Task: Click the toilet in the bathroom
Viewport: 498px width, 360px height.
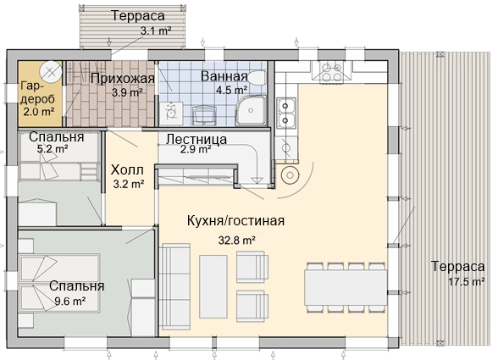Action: [x=257, y=77]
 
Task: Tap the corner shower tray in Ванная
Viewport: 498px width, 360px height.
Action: [x=251, y=110]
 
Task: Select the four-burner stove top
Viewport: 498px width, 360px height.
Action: [x=332, y=72]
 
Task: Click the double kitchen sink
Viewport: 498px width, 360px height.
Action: [x=285, y=114]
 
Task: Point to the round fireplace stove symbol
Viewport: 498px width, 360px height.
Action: [x=290, y=174]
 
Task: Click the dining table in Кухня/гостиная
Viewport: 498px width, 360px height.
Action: [x=346, y=287]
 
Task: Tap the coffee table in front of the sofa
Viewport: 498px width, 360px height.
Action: [x=213, y=286]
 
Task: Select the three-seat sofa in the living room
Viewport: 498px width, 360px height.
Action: [x=175, y=287]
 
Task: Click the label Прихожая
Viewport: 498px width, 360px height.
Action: [x=122, y=79]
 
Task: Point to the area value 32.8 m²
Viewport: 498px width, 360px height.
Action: [x=236, y=241]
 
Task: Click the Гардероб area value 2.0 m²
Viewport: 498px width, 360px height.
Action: [x=38, y=112]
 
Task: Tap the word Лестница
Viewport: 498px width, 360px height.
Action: [x=196, y=139]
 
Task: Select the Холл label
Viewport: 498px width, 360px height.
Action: [x=127, y=170]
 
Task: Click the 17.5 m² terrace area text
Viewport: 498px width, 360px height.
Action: [x=466, y=281]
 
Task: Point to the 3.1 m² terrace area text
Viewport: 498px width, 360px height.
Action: [x=156, y=30]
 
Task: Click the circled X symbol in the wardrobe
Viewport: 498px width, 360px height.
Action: [x=51, y=73]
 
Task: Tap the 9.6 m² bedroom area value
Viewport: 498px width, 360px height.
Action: [x=69, y=301]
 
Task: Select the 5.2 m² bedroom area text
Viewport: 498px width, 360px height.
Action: [x=53, y=149]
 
